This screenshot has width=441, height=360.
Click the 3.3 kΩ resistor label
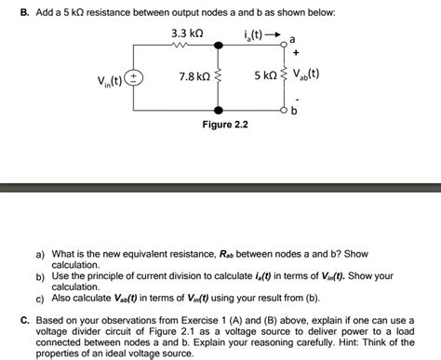[189, 33]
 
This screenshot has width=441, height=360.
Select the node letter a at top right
[293, 39]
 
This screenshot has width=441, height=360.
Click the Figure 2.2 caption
[226, 124]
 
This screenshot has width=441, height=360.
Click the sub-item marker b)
[40, 276]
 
